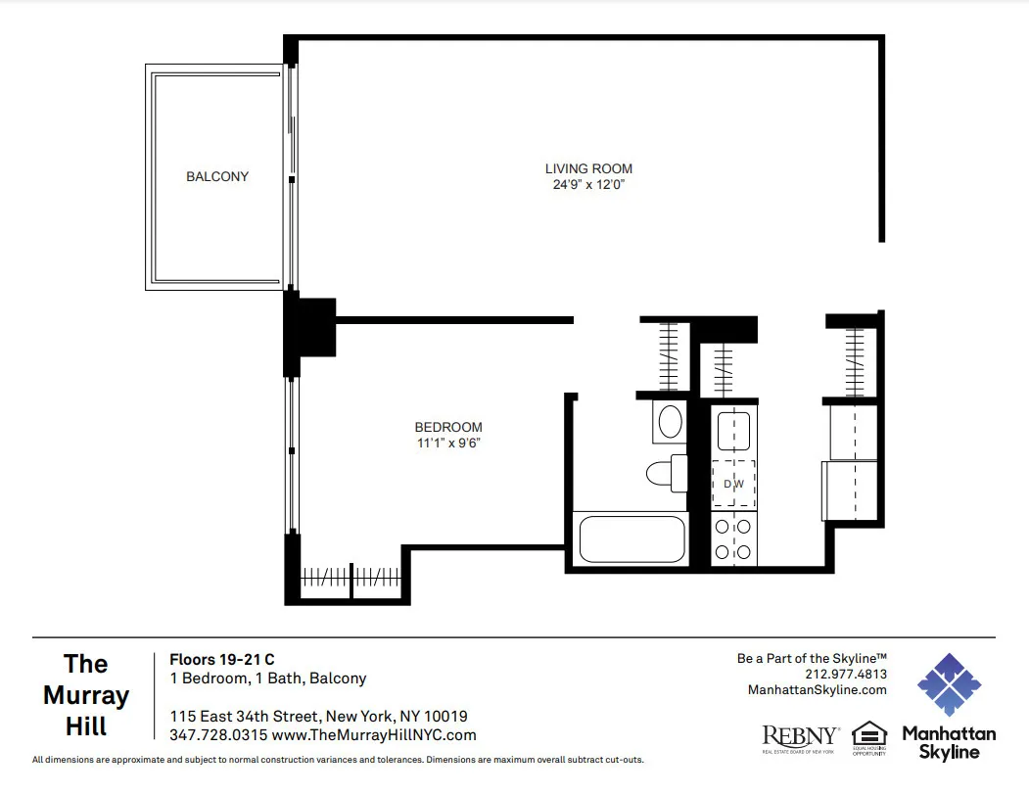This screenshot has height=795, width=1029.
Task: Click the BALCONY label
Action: point(217,177)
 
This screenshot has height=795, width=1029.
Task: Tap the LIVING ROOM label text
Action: point(588,168)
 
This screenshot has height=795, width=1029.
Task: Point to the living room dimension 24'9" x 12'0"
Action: point(588,184)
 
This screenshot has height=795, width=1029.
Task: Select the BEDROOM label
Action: point(448,427)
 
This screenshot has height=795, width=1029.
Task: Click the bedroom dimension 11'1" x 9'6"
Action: point(448,443)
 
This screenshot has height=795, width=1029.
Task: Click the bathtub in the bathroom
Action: point(632,538)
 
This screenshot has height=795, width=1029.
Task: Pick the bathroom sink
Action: point(671,422)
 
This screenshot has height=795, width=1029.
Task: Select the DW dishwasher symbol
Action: point(733,484)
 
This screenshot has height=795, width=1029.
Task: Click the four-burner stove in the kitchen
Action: point(733,538)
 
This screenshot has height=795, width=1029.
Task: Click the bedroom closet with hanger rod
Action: point(351,578)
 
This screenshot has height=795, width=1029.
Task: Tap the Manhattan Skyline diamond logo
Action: point(949,683)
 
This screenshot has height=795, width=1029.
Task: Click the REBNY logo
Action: point(800,737)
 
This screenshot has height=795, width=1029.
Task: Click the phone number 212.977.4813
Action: point(845,675)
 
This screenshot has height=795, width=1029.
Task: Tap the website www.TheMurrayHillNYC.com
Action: point(374,735)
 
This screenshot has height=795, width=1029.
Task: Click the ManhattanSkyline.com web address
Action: point(817,690)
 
